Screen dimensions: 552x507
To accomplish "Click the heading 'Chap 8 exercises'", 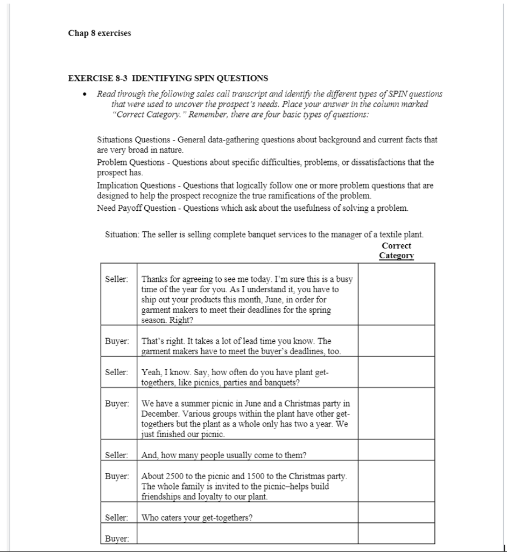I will [99, 33].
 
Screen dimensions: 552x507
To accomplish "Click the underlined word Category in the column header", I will [396, 256].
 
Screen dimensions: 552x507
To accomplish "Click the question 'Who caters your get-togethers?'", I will [197, 518].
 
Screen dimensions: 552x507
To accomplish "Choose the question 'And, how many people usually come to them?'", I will [223, 456].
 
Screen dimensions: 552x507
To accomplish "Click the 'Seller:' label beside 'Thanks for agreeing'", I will [118, 279].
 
